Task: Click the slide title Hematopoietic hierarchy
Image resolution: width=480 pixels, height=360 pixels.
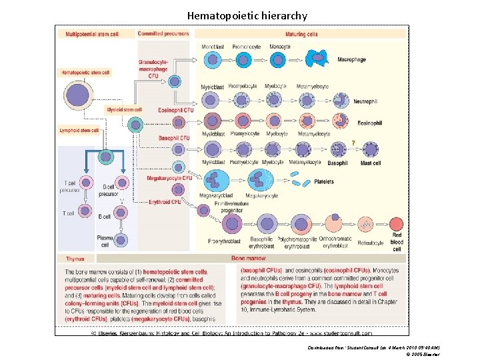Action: click(247, 15)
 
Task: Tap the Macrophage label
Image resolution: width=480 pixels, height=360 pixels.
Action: click(351, 60)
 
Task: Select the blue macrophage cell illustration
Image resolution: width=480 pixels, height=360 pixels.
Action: click(313, 59)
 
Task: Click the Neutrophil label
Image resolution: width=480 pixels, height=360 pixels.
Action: click(365, 101)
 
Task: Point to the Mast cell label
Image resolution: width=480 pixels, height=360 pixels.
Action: click(370, 163)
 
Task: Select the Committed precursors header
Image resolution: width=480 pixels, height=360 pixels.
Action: click(163, 33)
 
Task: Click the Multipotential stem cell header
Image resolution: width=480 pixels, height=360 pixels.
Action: click(92, 33)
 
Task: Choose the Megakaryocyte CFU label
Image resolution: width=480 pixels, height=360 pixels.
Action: click(169, 178)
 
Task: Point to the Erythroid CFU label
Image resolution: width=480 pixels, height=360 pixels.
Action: click(164, 202)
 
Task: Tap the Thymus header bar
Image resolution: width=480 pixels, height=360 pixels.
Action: click(75, 258)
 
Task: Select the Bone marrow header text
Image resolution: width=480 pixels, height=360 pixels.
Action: click(248, 258)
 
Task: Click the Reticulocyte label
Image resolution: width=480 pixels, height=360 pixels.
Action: click(370, 243)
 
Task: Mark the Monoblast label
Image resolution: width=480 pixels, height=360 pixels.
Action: click(213, 46)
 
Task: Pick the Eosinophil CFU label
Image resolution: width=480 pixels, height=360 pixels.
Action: click(176, 109)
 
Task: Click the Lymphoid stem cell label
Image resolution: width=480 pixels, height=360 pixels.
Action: click(79, 131)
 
